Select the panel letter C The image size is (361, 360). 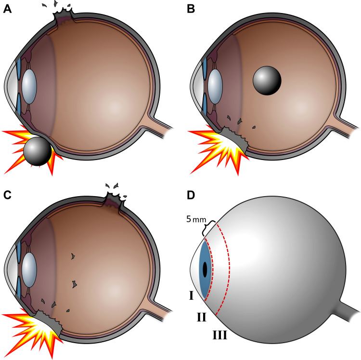[7, 195]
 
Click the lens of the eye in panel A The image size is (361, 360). [30, 86]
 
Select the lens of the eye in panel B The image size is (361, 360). [215, 86]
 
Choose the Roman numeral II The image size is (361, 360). [203, 317]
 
